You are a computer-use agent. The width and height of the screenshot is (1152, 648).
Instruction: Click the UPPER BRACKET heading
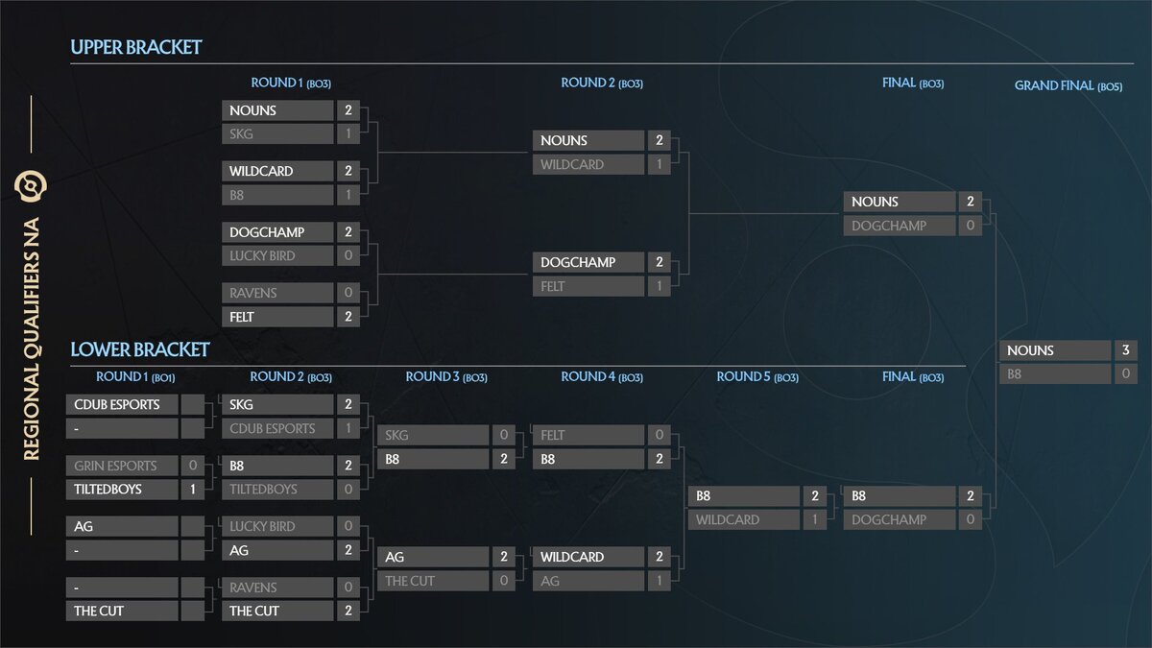(136, 47)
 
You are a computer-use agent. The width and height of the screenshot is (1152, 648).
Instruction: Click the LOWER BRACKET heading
(140, 349)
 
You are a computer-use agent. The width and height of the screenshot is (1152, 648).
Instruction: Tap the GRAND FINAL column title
(1068, 85)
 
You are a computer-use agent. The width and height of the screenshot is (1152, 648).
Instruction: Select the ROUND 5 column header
(757, 377)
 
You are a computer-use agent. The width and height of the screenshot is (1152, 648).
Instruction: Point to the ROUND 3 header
(446, 377)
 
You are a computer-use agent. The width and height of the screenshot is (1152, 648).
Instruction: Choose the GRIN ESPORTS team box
(122, 466)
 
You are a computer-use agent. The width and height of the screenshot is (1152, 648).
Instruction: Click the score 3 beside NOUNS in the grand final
(1125, 350)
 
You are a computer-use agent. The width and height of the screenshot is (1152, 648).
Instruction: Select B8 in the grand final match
(1054, 374)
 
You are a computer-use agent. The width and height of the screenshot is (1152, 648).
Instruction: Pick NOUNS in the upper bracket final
(900, 202)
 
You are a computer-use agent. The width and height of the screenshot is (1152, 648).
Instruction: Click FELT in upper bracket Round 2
(588, 286)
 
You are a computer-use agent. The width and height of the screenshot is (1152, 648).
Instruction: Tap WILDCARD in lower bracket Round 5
(744, 519)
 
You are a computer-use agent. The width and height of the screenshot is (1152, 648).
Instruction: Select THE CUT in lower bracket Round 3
(433, 581)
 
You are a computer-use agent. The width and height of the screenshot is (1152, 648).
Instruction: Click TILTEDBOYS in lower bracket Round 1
(122, 489)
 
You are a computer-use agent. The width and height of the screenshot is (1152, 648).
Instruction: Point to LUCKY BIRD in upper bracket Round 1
(277, 255)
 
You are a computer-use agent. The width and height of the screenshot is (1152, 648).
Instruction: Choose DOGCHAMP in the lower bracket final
(900, 519)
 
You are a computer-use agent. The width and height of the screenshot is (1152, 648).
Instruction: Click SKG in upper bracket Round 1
(277, 134)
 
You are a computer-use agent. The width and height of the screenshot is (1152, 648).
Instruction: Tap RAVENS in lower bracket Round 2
(277, 588)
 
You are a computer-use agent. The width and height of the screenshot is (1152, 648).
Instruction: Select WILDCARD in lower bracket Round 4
(588, 557)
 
